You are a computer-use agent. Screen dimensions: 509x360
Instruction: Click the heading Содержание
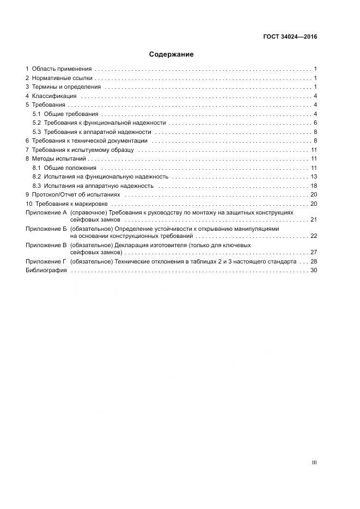click(171, 54)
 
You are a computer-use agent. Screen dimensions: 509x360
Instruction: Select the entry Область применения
click(62, 69)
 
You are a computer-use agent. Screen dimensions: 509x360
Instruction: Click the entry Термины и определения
click(66, 87)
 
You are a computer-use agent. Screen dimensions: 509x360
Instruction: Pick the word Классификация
click(54, 96)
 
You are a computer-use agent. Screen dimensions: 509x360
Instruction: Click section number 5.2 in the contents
click(36, 123)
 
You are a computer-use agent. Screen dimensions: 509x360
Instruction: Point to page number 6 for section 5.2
click(315, 123)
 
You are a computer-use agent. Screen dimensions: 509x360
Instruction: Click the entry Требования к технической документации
click(89, 141)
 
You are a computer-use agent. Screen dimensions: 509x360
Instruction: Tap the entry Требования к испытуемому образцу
click(82, 150)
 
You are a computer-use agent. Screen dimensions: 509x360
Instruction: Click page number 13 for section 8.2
click(313, 177)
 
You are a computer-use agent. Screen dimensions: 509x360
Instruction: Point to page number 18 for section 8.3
click(313, 186)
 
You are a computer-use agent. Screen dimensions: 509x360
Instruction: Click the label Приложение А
click(46, 212)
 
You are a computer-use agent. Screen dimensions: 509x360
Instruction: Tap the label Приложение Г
click(46, 262)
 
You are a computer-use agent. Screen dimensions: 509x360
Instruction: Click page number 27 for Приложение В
click(313, 253)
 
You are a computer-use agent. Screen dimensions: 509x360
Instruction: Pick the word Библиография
click(46, 271)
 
